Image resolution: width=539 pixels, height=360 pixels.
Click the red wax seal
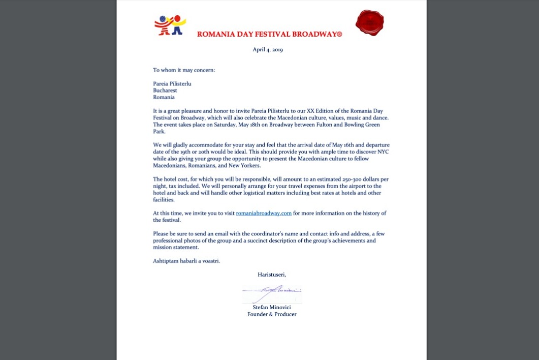(x=369, y=23)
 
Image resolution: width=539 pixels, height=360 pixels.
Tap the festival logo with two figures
(x=170, y=25)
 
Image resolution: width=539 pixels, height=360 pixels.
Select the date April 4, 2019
(x=268, y=50)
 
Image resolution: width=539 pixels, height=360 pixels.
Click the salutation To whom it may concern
(x=184, y=70)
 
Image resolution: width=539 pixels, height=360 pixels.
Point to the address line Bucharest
(x=165, y=90)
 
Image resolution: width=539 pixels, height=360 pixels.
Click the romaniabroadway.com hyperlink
(x=264, y=213)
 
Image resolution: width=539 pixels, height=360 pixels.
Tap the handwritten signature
(x=272, y=294)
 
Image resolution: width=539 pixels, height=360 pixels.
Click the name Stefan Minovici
(x=272, y=307)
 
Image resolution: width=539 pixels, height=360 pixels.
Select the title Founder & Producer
(x=272, y=314)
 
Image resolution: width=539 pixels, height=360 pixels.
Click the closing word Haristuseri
(x=272, y=275)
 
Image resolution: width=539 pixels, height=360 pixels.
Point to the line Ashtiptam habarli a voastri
(x=186, y=261)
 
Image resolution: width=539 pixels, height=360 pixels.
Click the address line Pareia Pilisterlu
(x=172, y=83)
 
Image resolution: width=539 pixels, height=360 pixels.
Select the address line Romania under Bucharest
(x=164, y=97)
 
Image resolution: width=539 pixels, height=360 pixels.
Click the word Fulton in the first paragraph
(x=316, y=125)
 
